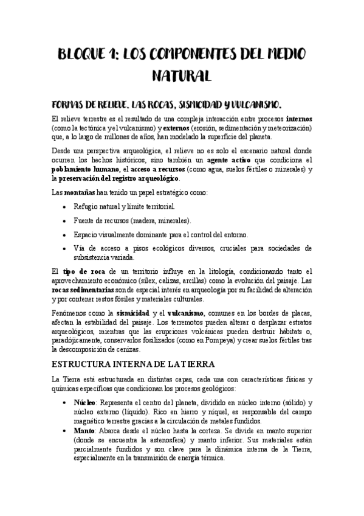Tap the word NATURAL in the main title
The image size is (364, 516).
181,76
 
